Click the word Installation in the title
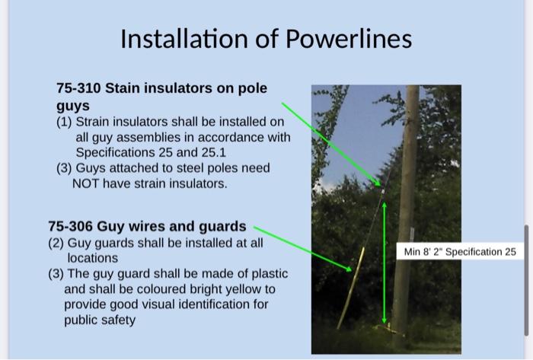(x=180, y=38)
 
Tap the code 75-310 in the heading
(x=78, y=88)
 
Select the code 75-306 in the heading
(x=70, y=226)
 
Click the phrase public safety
(x=100, y=320)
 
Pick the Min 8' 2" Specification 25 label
(x=460, y=251)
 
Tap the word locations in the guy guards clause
(x=93, y=258)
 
